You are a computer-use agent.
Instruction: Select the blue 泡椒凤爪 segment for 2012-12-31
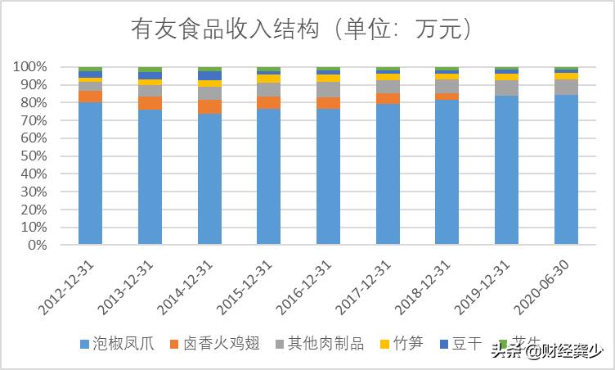coord(90,173)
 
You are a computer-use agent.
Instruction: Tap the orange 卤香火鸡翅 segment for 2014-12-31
coord(209,106)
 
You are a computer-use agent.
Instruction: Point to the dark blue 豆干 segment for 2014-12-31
coord(209,75)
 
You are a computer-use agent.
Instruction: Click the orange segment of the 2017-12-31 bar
coord(388,98)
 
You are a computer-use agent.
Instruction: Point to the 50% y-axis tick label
coord(32,156)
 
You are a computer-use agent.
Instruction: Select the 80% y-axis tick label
coord(32,102)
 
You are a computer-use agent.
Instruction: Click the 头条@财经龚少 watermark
coord(547,353)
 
